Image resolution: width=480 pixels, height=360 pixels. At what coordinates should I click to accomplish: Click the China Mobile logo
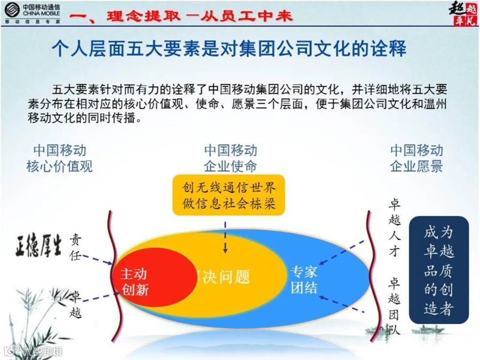(32, 13)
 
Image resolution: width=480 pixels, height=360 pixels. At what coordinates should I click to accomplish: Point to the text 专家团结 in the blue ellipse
(304, 280)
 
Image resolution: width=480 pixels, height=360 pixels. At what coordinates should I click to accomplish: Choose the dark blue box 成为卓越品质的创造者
(439, 270)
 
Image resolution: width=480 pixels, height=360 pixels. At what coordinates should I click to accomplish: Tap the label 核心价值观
(60, 166)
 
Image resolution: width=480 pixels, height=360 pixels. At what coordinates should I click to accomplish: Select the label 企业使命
(230, 166)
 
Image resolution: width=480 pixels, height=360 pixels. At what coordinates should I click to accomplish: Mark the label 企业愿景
(416, 166)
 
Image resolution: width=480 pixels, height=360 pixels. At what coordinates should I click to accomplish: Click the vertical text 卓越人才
(394, 228)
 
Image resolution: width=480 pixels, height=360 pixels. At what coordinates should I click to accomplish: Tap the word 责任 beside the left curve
(76, 247)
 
